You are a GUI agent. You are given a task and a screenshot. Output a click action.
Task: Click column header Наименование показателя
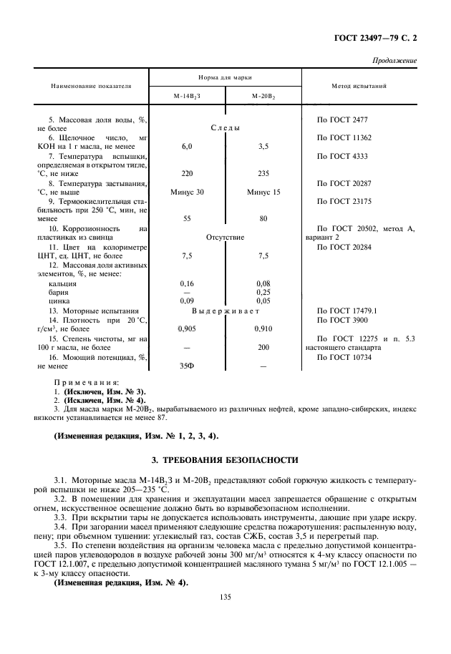(91, 85)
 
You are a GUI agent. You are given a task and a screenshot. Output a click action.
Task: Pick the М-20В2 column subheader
(263, 96)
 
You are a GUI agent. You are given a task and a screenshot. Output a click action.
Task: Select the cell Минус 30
(188, 192)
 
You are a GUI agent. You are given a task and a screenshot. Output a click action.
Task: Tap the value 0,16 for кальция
(188, 283)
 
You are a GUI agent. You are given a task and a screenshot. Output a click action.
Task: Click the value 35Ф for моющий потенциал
(188, 366)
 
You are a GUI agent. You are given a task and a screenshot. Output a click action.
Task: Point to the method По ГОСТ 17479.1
(346, 311)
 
